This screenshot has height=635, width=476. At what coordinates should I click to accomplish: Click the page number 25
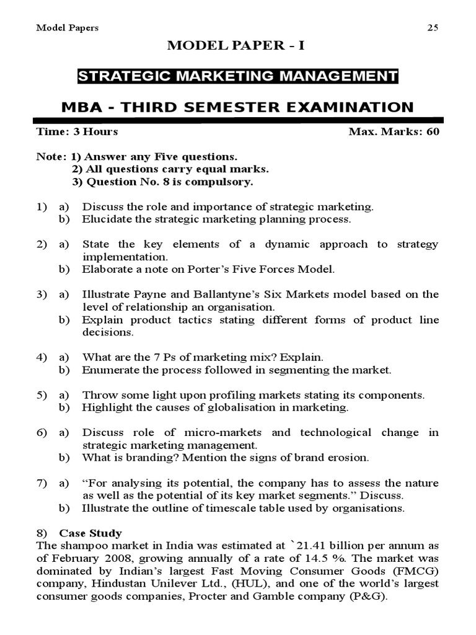pos(433,27)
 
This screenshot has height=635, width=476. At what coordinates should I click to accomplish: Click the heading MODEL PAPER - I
pos(237,46)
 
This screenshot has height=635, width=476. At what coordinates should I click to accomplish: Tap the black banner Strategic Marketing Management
pos(237,76)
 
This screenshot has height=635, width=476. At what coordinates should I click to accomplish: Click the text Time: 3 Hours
pos(77,131)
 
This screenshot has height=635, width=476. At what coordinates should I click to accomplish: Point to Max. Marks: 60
pos(394,131)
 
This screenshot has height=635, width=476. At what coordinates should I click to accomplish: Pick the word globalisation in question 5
pos(228,407)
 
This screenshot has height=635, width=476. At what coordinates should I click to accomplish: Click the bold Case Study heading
pos(90,533)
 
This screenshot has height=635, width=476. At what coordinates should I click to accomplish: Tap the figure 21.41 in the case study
pos(309,546)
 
